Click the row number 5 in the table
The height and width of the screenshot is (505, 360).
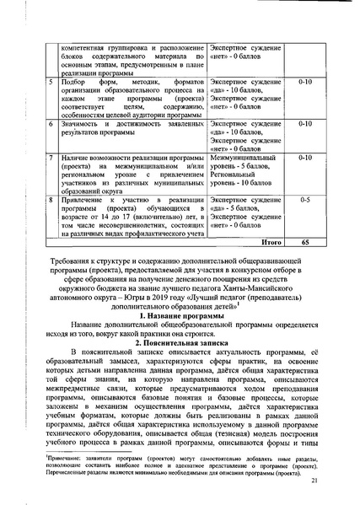tap(52, 83)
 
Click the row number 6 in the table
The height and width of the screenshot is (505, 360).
tap(52, 123)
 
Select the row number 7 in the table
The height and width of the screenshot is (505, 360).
tap(52, 158)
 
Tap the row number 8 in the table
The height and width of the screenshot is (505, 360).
tap(52, 197)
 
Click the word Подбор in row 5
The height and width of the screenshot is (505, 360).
tap(75, 83)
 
